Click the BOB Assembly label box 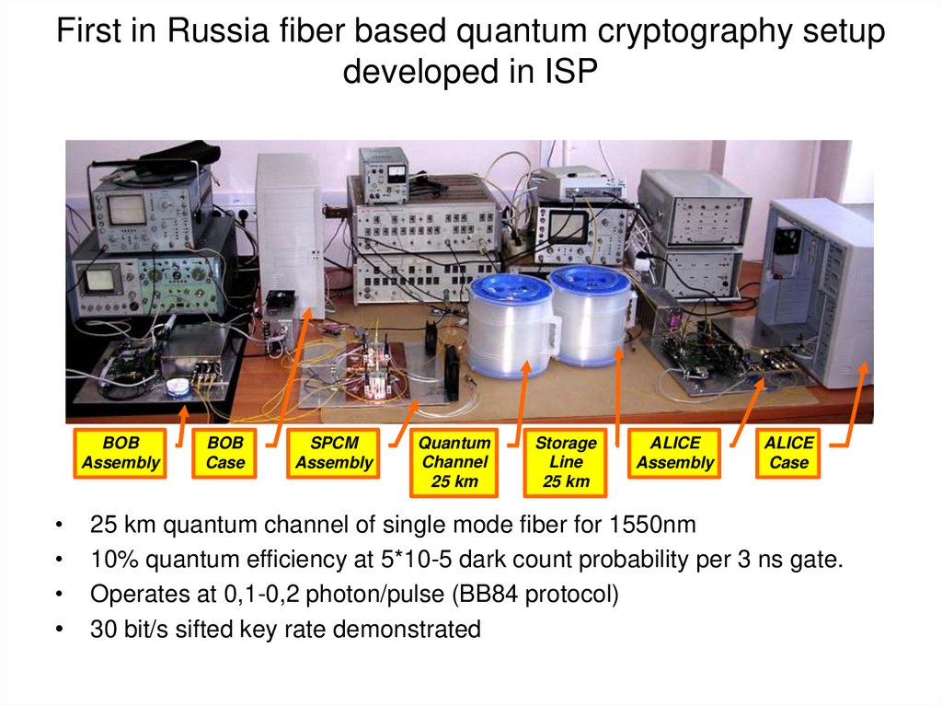coord(121,453)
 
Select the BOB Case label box coord(225,453)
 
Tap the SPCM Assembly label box coord(334,453)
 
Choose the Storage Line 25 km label coord(566,461)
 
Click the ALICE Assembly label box coord(675,453)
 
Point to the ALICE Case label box coord(788,453)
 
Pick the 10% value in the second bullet coord(111,561)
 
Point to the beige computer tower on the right coord(819,285)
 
